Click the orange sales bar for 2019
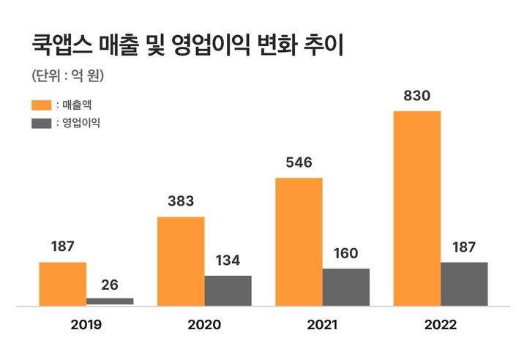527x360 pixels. (x=63, y=283)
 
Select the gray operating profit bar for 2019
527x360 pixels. (x=110, y=301)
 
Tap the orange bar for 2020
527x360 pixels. (x=181, y=260)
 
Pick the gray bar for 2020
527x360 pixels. (x=228, y=290)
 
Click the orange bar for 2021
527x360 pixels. (x=299, y=241)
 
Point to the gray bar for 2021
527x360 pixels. (x=345, y=286)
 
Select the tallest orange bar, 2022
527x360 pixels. (x=417, y=208)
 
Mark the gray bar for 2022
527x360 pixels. (x=464, y=283)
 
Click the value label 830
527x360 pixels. (x=416, y=96)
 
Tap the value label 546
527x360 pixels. (x=299, y=162)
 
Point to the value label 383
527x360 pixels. (x=181, y=201)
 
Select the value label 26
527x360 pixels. (x=110, y=285)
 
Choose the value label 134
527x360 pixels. (x=228, y=261)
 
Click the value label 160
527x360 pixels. (x=345, y=254)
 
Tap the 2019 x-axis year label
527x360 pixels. (x=86, y=324)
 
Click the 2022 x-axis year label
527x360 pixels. (x=440, y=324)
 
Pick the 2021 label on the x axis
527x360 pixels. (x=322, y=324)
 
